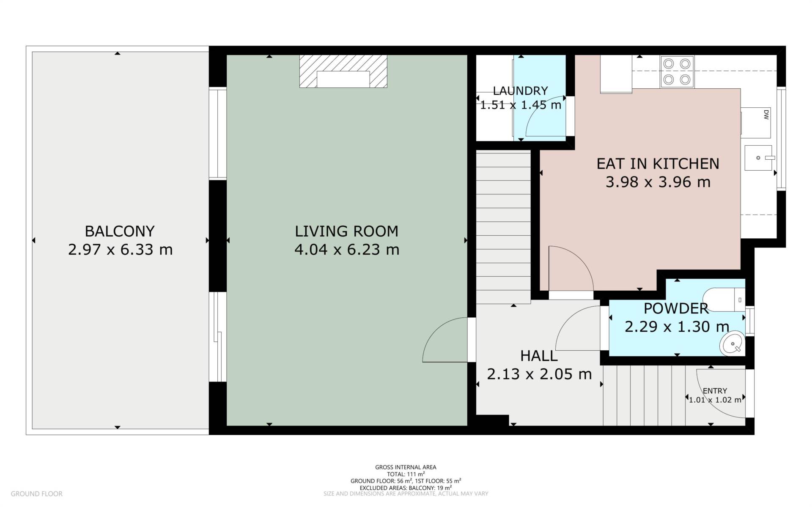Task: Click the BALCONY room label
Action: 120,231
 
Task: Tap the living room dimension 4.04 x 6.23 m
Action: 347,250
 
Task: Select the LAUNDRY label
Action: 520,91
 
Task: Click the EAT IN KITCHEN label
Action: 658,164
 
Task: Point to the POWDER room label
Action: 676,308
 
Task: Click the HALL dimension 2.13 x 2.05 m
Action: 539,374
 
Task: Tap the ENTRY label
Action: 715,391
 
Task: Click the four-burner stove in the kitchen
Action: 677,72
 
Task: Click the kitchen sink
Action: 758,158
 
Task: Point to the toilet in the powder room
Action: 726,300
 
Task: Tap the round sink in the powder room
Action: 732,343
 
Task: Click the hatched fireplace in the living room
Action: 343,71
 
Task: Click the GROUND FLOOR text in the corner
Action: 37,493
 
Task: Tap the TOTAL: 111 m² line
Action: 406,474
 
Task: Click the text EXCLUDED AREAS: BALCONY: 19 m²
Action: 406,488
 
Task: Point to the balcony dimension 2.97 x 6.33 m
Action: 120,250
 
